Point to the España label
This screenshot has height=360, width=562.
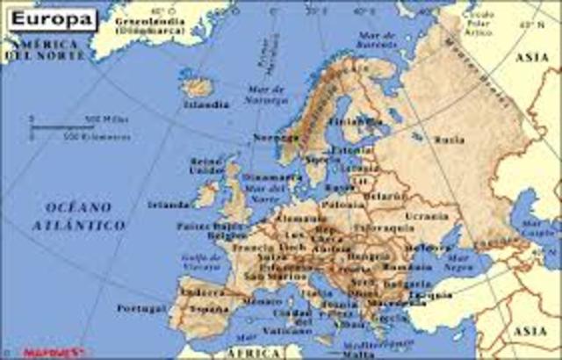click(207, 310)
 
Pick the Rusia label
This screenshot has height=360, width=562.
click(450, 139)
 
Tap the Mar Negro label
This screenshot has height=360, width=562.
click(458, 263)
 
